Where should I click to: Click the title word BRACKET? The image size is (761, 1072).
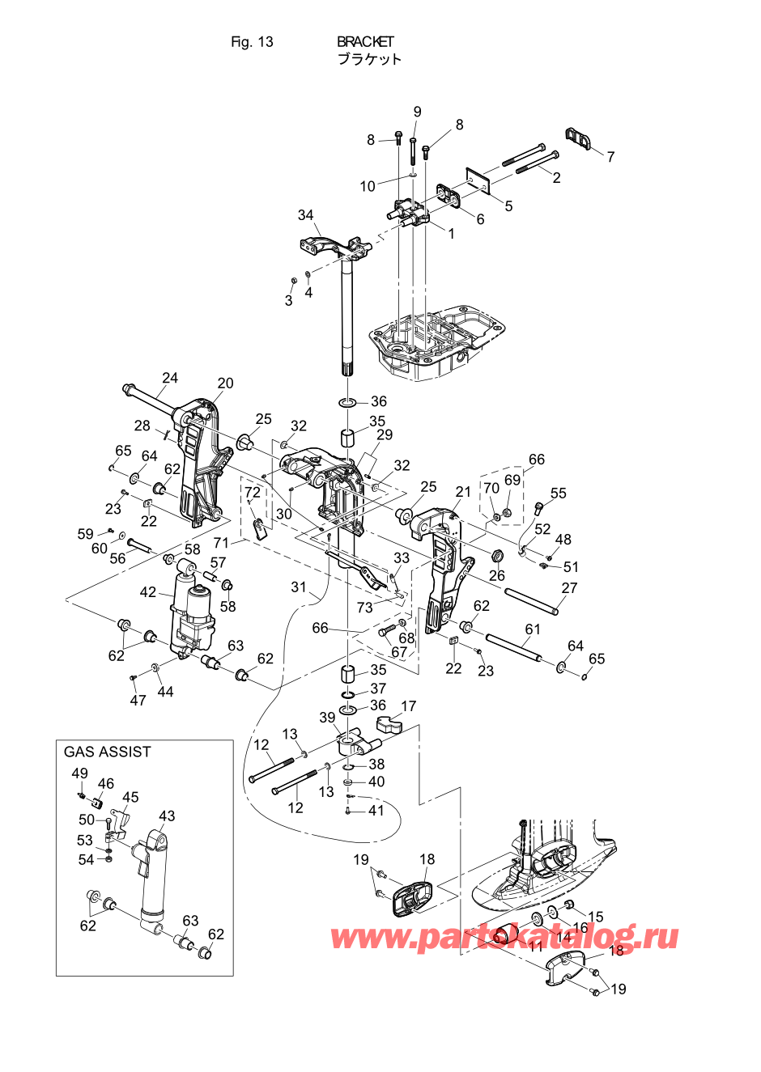tap(365, 41)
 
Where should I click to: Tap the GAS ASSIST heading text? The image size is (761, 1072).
tap(107, 752)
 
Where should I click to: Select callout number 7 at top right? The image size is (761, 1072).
tap(610, 157)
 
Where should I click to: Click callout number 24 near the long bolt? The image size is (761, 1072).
tap(170, 378)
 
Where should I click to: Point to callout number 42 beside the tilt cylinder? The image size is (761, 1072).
tap(147, 592)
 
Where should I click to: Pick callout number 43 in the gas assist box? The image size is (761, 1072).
tap(167, 816)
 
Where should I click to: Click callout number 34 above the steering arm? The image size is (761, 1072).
tap(305, 215)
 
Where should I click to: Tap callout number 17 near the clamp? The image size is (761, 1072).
tap(408, 706)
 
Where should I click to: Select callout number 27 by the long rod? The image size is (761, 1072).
tap(569, 588)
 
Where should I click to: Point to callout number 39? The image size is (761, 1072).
tap(327, 718)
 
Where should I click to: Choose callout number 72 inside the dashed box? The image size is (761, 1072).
tap(253, 492)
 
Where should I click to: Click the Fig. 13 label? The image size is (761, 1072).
tap(252, 42)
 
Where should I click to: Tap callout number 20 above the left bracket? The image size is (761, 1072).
tap(225, 383)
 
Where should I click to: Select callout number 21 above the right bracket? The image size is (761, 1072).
tap(463, 492)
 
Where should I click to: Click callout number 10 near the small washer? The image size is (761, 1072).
tap(368, 186)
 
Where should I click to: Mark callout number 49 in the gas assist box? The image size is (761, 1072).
tap(79, 773)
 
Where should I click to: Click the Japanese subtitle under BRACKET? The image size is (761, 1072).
tap(369, 59)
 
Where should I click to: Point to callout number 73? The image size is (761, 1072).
tap(365, 607)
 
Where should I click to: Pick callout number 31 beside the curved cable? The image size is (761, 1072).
tap(300, 587)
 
